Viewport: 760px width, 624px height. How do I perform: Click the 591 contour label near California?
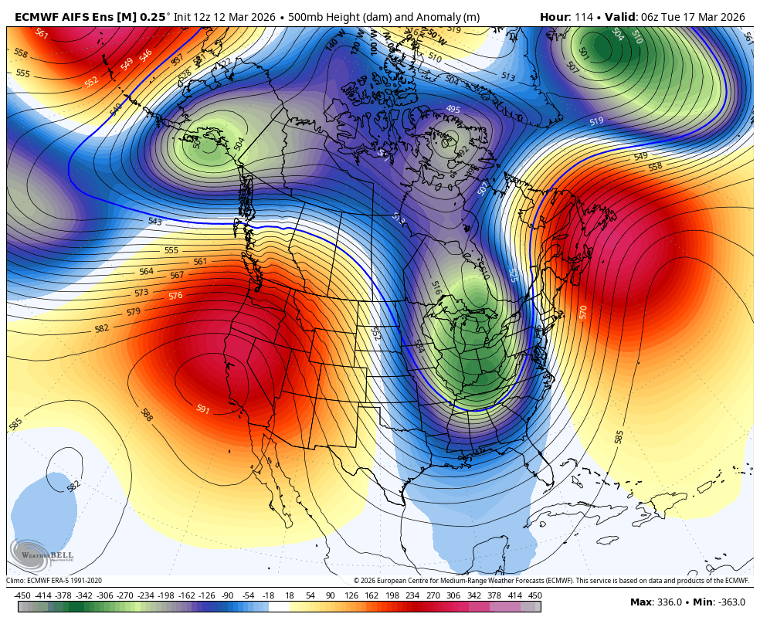202,409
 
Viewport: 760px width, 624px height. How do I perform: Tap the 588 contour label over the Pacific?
146,415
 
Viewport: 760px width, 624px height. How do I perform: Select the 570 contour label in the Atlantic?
583,312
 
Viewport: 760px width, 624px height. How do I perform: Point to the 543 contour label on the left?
154,222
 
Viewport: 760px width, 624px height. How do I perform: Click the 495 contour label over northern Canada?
453,110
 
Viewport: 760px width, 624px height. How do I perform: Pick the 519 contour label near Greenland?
596,121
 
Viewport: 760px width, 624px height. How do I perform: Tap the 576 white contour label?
175,296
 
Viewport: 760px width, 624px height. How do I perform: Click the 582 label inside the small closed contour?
73,486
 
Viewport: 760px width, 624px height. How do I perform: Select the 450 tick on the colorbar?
534,595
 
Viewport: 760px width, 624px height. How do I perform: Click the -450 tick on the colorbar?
22,595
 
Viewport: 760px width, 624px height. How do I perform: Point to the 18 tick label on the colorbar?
290,595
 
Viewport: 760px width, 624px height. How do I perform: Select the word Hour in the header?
554,17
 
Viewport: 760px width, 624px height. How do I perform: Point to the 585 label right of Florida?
619,436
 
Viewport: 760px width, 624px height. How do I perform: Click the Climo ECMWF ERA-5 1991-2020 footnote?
54,581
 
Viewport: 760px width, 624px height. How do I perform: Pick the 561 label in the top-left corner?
41,34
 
